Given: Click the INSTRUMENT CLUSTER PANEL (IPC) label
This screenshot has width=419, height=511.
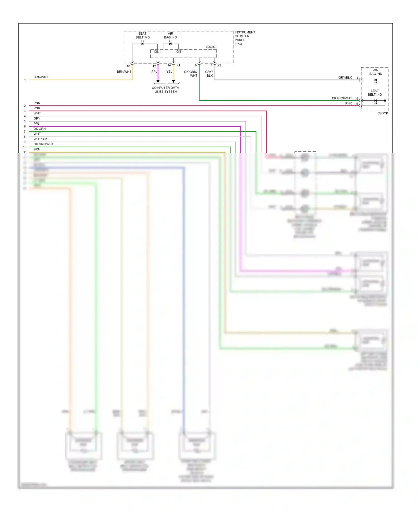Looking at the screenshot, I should (x=244, y=38).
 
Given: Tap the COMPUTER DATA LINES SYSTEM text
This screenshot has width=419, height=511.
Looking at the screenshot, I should (x=165, y=89).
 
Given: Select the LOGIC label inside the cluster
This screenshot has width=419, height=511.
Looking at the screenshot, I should (x=210, y=47).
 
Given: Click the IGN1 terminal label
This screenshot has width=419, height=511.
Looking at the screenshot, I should (x=157, y=51).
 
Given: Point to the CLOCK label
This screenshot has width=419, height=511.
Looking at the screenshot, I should (x=382, y=113).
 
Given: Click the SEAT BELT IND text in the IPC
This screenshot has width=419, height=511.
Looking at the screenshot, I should (x=142, y=35).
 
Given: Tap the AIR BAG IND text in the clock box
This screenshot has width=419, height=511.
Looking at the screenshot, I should (x=375, y=72).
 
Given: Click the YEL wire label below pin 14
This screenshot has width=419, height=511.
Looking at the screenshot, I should (x=169, y=72).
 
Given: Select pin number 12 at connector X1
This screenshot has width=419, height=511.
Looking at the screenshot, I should (x=154, y=66).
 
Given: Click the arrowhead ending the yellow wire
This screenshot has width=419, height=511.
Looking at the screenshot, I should (x=173, y=81).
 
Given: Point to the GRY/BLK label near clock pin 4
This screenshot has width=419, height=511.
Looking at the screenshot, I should (x=345, y=77).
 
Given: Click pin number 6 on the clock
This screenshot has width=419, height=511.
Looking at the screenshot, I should (x=357, y=104).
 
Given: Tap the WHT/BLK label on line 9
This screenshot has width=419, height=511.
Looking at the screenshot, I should (x=41, y=139).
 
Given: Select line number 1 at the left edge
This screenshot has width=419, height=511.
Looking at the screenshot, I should (x=25, y=80).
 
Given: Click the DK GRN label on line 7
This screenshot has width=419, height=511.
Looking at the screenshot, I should (x=40, y=129).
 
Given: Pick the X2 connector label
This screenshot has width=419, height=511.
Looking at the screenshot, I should (x=219, y=65).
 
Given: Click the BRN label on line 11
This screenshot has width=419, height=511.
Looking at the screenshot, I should (x=37, y=149).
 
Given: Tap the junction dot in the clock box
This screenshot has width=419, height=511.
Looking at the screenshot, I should (x=385, y=101).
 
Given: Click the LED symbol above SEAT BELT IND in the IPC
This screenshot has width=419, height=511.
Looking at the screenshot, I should (x=142, y=43).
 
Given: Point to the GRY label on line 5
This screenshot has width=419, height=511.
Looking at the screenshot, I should (x=37, y=118).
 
